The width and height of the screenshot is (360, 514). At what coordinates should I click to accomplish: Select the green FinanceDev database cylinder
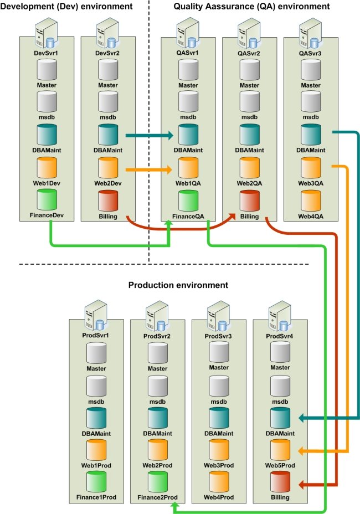click(47, 199)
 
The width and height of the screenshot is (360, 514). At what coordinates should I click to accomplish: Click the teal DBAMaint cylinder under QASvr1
click(188, 135)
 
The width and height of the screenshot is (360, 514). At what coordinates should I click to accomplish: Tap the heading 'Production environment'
click(178, 285)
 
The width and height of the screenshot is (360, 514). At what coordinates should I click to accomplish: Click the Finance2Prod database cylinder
click(156, 481)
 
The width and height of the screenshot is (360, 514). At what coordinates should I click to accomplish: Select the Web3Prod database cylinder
click(218, 449)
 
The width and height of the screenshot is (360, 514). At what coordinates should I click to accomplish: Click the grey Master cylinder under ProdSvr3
click(218, 352)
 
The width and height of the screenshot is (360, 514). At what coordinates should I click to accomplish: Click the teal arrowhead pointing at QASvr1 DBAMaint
click(170, 135)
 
